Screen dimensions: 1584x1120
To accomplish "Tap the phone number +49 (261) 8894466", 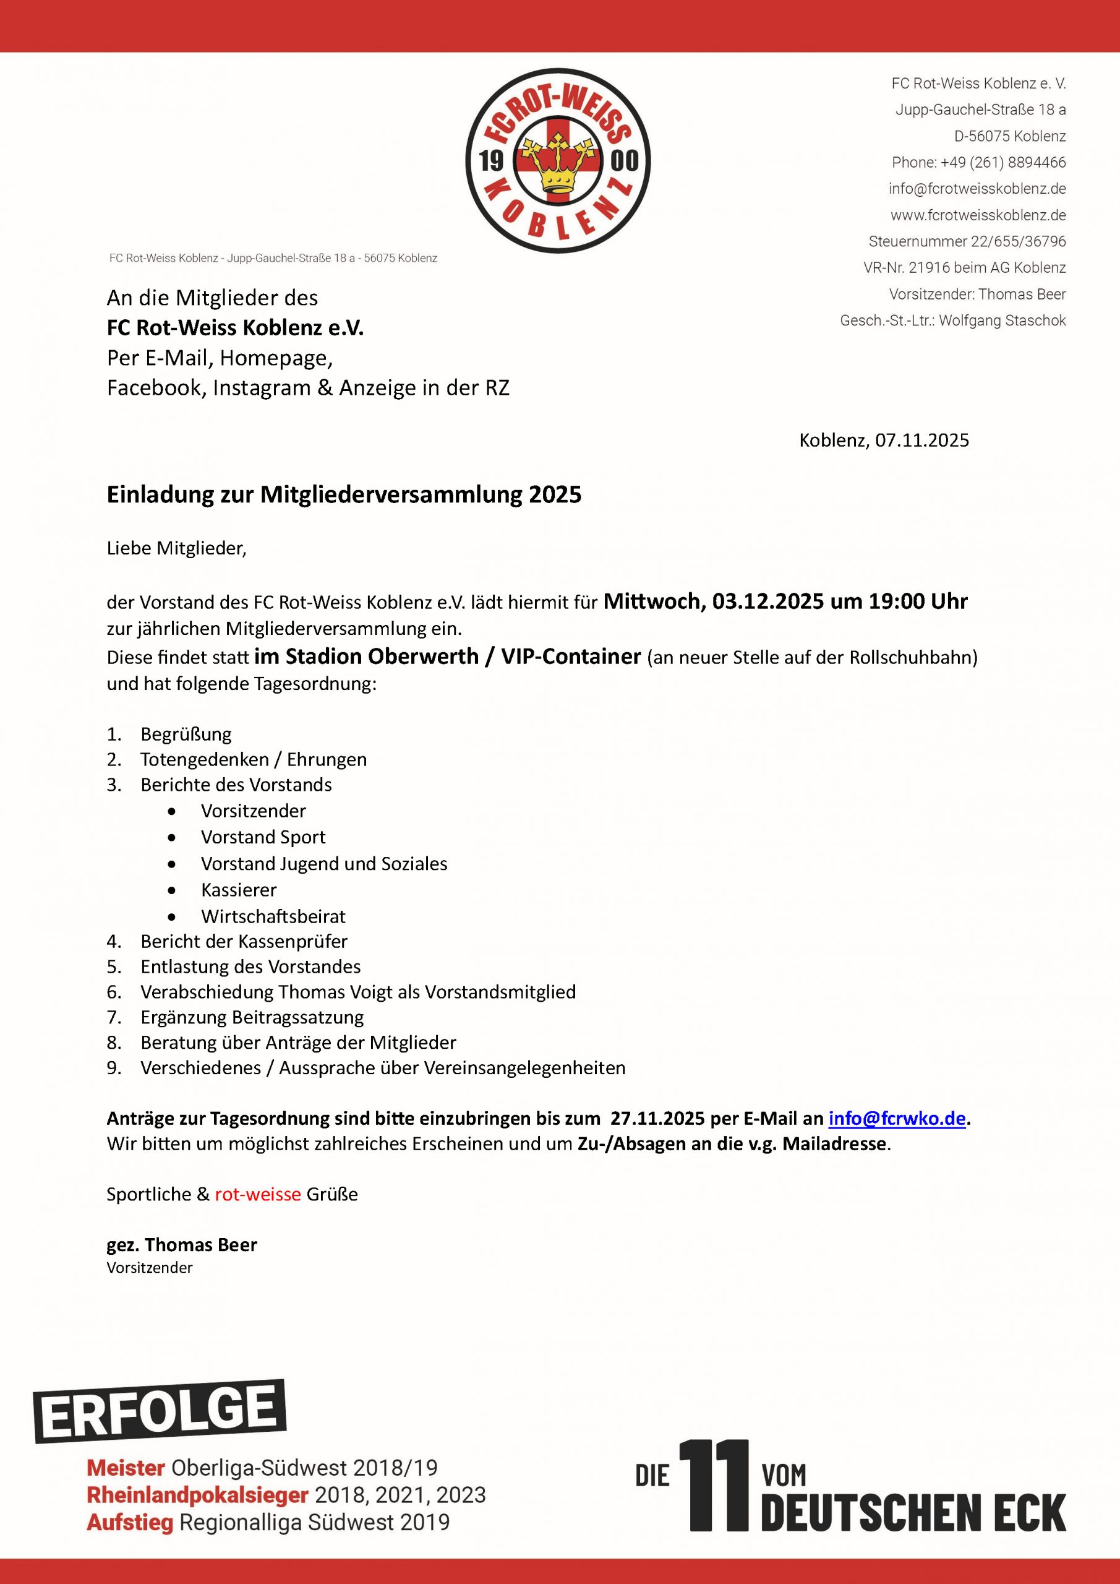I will [x=978, y=163].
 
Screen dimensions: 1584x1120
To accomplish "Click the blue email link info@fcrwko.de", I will [x=897, y=1118].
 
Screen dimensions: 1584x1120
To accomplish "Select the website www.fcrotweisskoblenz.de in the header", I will [x=978, y=215].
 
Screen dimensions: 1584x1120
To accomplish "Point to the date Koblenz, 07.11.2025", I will [x=884, y=440].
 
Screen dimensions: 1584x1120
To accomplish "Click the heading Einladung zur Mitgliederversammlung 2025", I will [x=344, y=494].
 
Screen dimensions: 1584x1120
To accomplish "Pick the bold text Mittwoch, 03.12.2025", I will [x=713, y=601].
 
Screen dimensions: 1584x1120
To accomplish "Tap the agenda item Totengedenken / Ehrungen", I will [x=253, y=760].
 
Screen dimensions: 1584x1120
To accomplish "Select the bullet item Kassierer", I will [x=239, y=890].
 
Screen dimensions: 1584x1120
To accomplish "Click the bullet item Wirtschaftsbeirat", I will [x=273, y=916].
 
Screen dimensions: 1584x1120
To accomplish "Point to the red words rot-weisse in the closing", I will [x=258, y=1194].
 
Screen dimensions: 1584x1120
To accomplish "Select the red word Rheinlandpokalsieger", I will [x=197, y=1495].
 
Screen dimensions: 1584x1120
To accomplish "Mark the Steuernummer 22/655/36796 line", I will [x=967, y=241].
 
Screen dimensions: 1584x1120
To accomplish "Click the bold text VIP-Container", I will [x=571, y=656].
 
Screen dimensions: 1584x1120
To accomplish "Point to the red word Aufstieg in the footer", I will [x=130, y=1522].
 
